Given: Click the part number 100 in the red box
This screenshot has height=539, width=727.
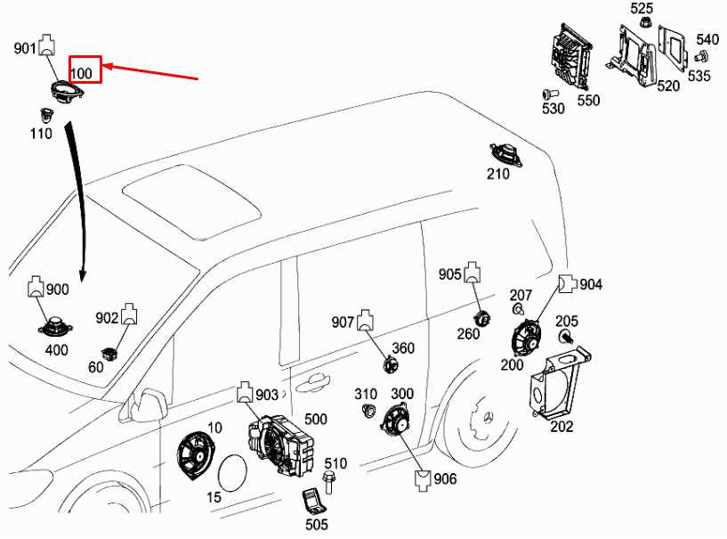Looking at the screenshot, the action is pos(81,73).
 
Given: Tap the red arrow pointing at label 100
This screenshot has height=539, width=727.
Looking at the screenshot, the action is pos(150,72).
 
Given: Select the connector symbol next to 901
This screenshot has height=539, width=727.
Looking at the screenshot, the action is pos(46,45).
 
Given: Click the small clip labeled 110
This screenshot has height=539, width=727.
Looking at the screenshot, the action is pos(46,115).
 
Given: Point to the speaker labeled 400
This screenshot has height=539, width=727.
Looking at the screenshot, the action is pos(56,326).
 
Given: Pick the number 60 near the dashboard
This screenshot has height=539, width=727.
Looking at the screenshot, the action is pos(95,367).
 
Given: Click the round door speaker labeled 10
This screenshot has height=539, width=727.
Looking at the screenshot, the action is pos(195,455).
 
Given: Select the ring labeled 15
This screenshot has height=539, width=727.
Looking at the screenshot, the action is pos(233,472).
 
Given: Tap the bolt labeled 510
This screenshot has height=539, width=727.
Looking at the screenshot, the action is pos(328,482).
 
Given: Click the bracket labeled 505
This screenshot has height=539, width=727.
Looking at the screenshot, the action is pos(314,502).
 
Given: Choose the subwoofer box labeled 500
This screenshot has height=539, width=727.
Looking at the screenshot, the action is pos(280,445).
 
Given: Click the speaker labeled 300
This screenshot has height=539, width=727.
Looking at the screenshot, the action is pos(396,421).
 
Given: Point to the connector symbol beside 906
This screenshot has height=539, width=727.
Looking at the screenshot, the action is pos(422,480).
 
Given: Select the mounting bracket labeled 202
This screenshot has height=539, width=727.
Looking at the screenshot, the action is pos(560,382).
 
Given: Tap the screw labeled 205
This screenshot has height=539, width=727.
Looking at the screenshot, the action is pos(565,337).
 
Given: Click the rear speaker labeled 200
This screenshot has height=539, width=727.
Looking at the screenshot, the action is pos(527,339).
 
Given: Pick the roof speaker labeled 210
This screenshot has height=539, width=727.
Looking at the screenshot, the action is pos(505,154).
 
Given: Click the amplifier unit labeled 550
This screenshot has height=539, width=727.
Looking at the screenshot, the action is pos(570,57).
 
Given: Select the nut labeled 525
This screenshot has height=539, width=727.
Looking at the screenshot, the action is pos(644,21).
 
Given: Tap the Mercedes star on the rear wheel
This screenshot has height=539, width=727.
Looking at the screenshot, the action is pos(488,417).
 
